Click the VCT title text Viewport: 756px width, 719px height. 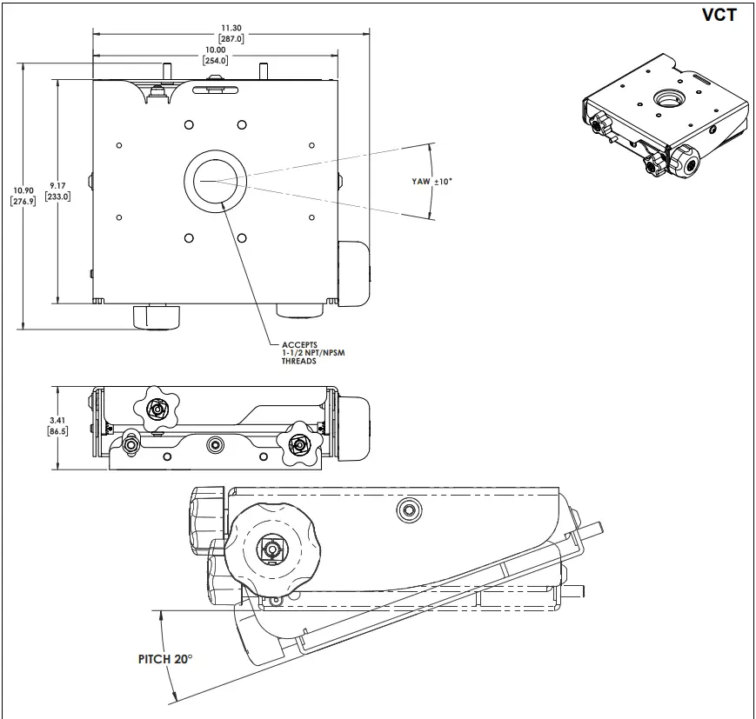click(x=718, y=15)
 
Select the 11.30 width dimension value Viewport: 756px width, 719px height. click(x=231, y=27)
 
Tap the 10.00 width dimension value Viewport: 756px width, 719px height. click(x=216, y=50)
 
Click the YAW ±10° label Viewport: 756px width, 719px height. click(x=433, y=182)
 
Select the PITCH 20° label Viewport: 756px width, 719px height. click(x=164, y=659)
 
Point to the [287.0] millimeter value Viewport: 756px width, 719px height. click(x=231, y=38)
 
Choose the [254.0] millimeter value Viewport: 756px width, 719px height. click(x=216, y=61)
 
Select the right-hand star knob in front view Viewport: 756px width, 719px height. click(x=298, y=444)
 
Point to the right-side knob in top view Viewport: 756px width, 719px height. click(x=352, y=274)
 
